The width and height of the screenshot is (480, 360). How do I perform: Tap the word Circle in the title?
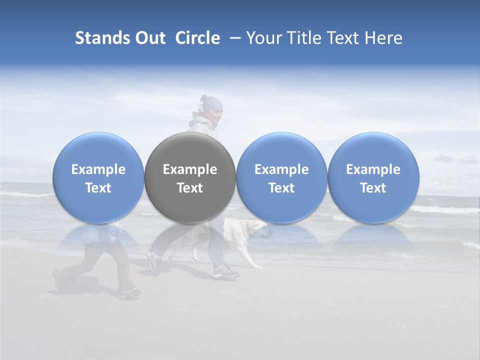[197, 38]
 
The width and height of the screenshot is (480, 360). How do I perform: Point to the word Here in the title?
[384, 38]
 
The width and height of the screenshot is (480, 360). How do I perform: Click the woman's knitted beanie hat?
[211, 103]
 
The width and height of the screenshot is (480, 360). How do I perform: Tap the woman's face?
[215, 118]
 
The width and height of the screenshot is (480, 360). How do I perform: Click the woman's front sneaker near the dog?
[226, 272]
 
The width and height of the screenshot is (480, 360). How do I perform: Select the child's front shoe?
[129, 292]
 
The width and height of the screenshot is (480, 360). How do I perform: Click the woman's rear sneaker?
[154, 261]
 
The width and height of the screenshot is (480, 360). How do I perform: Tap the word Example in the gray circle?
[190, 169]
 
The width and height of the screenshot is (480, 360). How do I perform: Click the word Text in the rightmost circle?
[373, 188]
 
